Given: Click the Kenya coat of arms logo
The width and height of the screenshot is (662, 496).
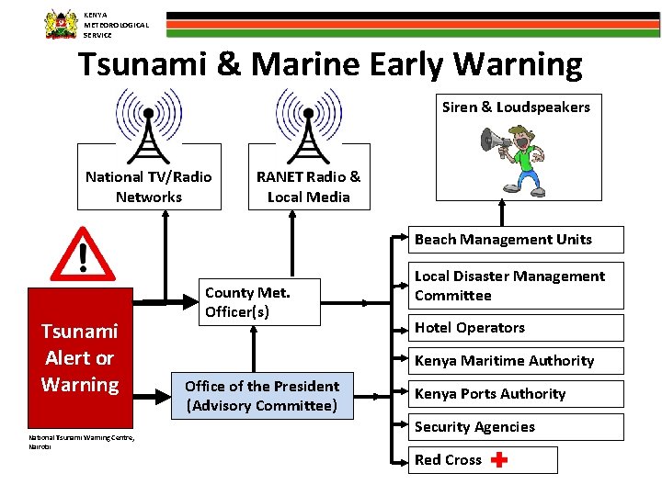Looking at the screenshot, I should [x=61, y=23].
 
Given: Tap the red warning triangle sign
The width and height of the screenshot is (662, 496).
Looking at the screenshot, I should [x=83, y=254].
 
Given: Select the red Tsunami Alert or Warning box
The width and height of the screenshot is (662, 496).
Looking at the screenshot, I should [x=80, y=357].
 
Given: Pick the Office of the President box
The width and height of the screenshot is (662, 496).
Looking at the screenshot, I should [x=261, y=396].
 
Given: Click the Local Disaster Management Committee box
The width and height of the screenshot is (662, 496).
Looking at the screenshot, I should [x=515, y=286].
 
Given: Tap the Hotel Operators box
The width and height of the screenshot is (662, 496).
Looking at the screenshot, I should [x=515, y=328].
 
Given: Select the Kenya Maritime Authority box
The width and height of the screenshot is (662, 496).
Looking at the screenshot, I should [x=515, y=361].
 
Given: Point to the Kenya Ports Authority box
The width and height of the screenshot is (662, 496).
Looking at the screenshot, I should [x=515, y=394].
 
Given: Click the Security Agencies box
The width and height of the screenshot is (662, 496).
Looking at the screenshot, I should [x=515, y=427].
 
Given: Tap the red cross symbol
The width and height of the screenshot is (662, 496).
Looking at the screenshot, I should [x=498, y=460].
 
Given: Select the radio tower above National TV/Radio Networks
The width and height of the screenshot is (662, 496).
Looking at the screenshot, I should [x=148, y=126].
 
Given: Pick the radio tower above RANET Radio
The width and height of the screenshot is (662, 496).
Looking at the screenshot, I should [x=308, y=126].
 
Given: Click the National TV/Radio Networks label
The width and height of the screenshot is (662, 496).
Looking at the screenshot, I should [x=148, y=186].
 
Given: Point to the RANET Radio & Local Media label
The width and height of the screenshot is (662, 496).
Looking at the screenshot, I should [x=308, y=186].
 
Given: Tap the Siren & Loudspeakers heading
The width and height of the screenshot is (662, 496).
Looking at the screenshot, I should [x=516, y=107].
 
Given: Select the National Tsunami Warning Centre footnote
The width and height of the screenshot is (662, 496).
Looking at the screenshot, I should [x=81, y=442].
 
